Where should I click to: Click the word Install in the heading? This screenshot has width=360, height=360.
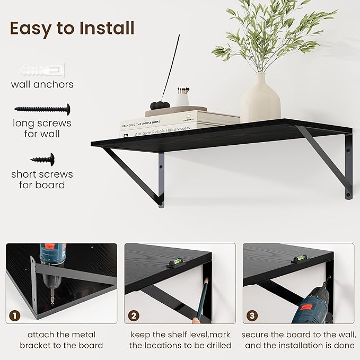click(104, 28)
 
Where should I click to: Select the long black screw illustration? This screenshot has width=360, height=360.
click(42, 109)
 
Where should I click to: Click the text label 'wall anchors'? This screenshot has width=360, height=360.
click(42, 84)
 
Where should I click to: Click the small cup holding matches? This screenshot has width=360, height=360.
click(182, 98)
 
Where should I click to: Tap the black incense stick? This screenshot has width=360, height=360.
click(169, 74)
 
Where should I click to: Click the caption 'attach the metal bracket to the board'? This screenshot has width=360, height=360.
click(62, 340)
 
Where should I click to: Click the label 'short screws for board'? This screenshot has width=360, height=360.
click(42, 180)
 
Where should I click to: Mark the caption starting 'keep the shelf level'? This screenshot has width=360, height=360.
click(180, 340)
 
